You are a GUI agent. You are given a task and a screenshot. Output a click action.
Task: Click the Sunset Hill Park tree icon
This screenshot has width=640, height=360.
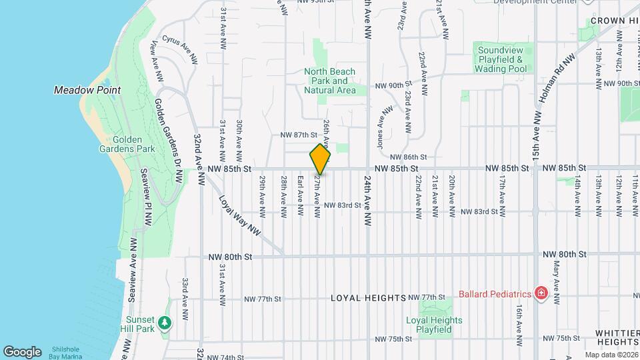(x=165, y=323)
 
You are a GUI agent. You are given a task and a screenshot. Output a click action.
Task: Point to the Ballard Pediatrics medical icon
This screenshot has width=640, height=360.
(x=541, y=294)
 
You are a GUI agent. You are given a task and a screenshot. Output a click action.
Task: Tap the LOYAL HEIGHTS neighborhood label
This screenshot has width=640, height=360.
(x=368, y=297)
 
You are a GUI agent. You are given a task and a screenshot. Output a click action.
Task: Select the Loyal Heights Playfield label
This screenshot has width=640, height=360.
(x=434, y=325)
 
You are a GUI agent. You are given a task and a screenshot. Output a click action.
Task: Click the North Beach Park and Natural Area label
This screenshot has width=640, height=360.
(x=330, y=81)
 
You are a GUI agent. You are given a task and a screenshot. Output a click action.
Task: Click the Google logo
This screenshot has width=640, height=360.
(x=22, y=352)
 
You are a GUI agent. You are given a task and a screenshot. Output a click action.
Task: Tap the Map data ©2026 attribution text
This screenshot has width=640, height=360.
(x=611, y=355)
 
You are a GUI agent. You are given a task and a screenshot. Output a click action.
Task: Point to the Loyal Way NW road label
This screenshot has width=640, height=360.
(x=239, y=214)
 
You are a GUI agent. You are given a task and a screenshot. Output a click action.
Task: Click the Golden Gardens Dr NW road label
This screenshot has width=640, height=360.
(x=169, y=141)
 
